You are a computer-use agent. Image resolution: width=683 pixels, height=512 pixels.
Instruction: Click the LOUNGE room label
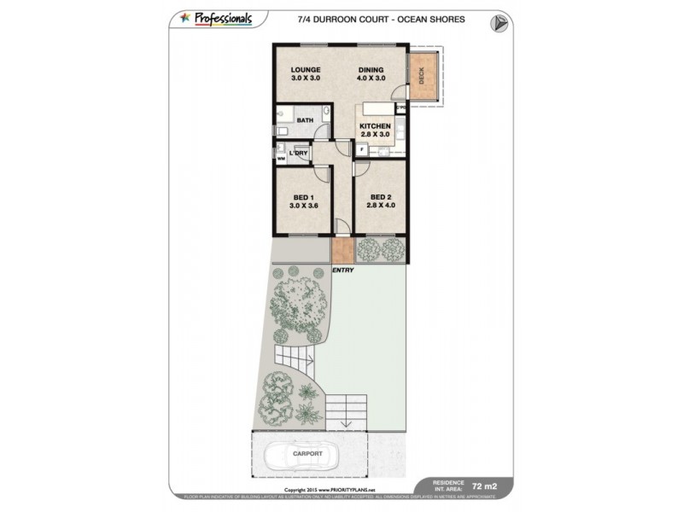click(305, 70)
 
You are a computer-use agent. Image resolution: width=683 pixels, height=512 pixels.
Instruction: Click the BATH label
click(305, 120)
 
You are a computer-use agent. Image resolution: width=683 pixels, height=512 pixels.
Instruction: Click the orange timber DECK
click(421, 78)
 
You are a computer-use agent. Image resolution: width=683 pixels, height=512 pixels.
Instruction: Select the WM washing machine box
click(281, 158)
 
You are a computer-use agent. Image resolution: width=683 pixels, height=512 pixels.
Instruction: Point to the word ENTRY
click(344, 270)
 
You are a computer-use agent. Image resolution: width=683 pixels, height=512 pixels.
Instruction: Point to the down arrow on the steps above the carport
click(346, 422)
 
